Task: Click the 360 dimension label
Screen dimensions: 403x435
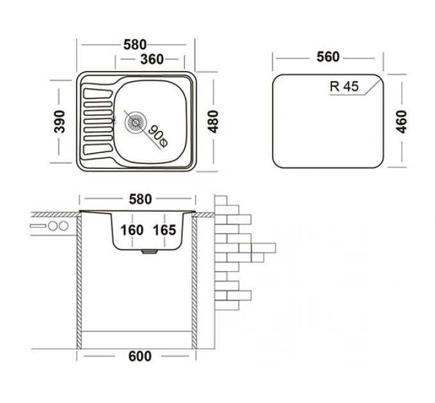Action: pos(151,59)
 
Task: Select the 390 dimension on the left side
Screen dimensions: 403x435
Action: pos(59,121)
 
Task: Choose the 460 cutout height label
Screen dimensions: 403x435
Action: pos(401,121)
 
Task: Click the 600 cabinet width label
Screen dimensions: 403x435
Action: pos(140,356)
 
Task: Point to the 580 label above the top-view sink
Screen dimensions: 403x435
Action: pos(135,45)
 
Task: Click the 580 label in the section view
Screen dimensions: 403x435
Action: pos(140,200)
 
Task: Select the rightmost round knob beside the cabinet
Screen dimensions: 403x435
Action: pos(63,226)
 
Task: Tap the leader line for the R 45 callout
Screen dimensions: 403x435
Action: pos(371,89)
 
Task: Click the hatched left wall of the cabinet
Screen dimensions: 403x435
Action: pos(81,281)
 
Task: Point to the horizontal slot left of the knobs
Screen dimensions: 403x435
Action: pos(38,226)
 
